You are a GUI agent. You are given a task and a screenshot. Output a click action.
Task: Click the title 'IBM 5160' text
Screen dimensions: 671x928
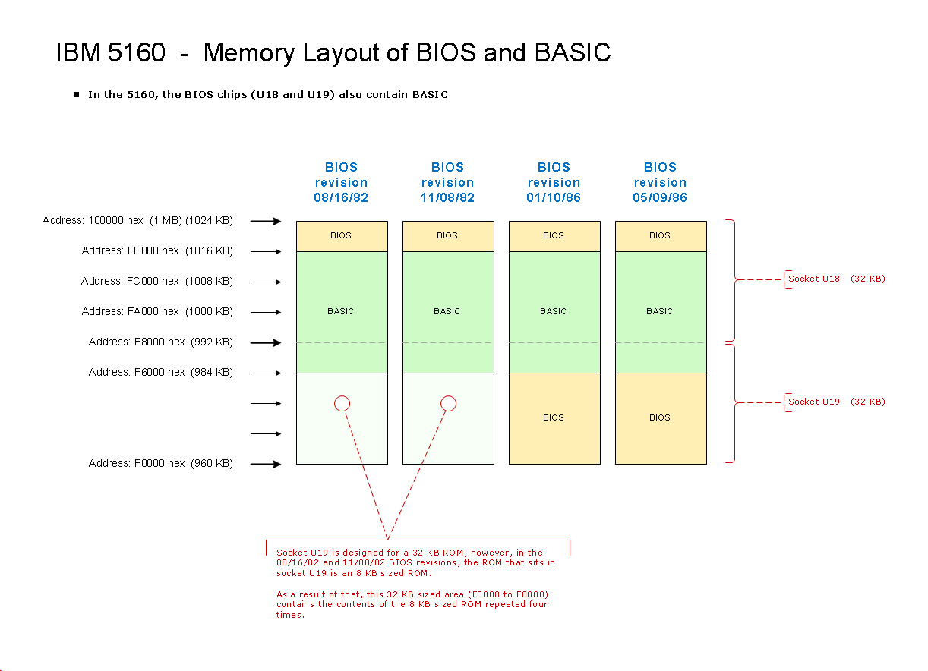click(x=111, y=53)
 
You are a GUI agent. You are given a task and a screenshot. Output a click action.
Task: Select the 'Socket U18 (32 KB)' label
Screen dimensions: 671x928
click(x=836, y=279)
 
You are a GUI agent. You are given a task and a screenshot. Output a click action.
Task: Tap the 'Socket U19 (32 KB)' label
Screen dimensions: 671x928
click(x=836, y=402)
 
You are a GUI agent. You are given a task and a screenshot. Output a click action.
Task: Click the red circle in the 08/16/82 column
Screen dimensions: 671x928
click(x=342, y=403)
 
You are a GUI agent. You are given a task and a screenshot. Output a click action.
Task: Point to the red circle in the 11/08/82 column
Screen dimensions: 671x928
click(x=449, y=403)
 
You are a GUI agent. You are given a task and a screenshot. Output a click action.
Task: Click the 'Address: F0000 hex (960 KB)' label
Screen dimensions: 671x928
click(x=160, y=463)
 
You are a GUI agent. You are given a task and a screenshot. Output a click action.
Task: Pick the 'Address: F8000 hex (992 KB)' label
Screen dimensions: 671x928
click(x=160, y=342)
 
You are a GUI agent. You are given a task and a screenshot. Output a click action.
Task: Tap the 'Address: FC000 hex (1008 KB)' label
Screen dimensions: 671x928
click(x=156, y=281)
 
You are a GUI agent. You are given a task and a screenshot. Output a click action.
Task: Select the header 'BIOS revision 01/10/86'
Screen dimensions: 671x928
click(x=554, y=182)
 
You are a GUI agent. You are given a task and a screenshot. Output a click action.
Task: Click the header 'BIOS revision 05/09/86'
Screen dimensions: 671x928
click(x=660, y=182)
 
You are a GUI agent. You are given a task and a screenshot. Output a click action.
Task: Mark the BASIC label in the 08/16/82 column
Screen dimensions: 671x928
click(x=341, y=311)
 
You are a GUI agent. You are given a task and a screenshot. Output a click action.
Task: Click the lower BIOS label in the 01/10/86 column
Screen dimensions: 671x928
click(x=554, y=417)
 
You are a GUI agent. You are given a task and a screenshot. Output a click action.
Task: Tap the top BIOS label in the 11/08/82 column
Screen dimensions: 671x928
click(x=447, y=235)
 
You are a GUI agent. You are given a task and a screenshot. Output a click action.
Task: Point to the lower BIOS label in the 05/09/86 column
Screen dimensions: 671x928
click(x=660, y=417)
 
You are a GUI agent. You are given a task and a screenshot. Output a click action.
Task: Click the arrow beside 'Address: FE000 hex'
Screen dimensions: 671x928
click(x=266, y=251)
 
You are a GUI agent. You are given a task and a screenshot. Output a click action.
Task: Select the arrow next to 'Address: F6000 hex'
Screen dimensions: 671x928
click(x=266, y=373)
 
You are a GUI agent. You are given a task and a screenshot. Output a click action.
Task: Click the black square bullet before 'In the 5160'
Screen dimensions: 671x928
click(x=77, y=95)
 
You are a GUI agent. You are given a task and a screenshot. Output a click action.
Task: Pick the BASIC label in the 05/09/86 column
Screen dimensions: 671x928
click(x=660, y=311)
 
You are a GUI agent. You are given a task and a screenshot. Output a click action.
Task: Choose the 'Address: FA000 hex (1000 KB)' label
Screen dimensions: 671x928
click(x=157, y=311)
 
